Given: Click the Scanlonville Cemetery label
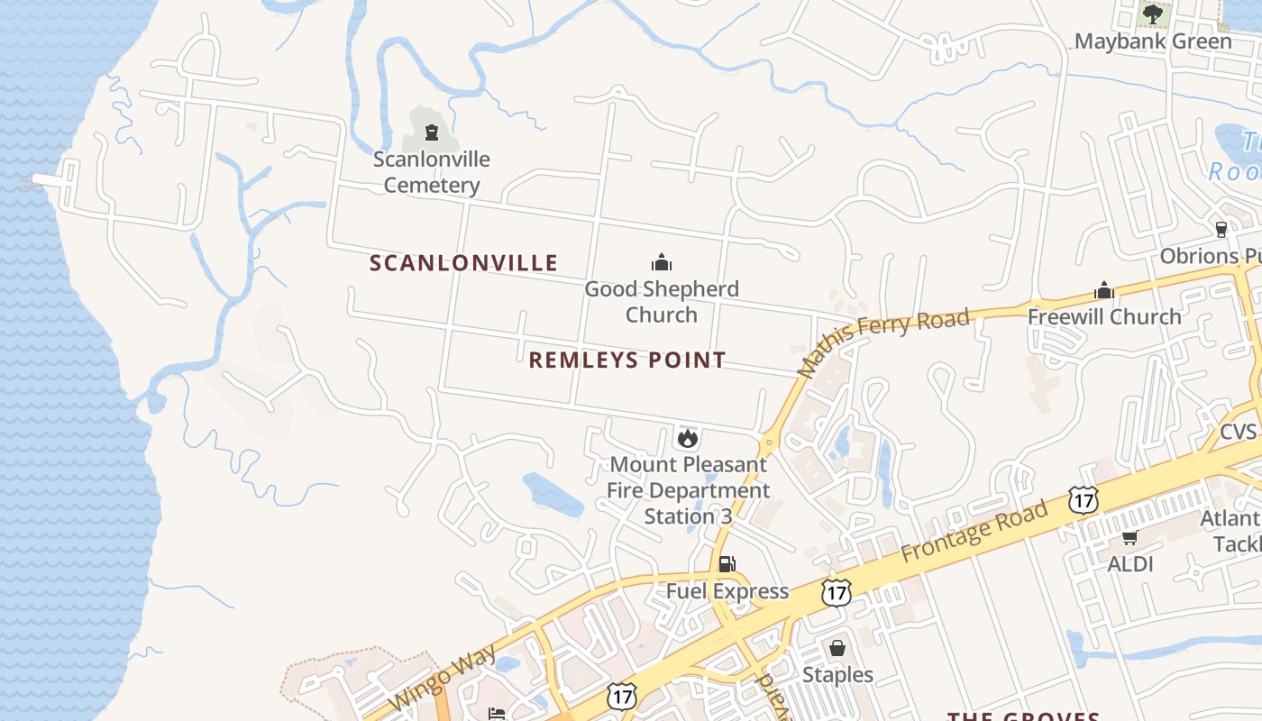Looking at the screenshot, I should click(x=432, y=172).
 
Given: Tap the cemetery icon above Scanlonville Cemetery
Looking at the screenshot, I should click(x=432, y=133).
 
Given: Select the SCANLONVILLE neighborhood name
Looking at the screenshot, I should click(x=463, y=263).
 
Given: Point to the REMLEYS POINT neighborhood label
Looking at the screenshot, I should click(x=626, y=360).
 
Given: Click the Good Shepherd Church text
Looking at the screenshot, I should click(x=662, y=302).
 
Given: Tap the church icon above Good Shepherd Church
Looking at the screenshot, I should click(x=662, y=263).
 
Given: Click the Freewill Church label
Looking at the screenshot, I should click(x=1104, y=317).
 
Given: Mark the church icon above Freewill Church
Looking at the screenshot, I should click(x=1104, y=291).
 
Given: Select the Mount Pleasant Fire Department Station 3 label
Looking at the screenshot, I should click(x=689, y=491).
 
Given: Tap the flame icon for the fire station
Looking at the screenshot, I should click(x=688, y=439).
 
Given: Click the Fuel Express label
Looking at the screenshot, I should click(x=727, y=591).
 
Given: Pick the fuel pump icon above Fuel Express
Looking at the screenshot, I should click(x=727, y=564).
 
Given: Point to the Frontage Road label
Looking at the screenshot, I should click(x=974, y=531).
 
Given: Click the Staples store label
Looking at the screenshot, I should click(x=837, y=675).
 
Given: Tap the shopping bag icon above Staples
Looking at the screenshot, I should click(x=837, y=648).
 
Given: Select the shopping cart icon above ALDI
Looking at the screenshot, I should click(x=1129, y=538).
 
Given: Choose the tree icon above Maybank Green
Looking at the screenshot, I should click(x=1153, y=14).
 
